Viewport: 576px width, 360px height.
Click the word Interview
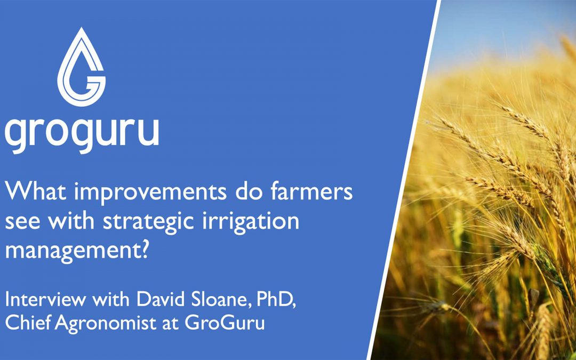[x=46, y=300]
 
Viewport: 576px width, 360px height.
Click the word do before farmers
[x=244, y=192]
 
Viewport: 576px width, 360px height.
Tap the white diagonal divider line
[x=404, y=180]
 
